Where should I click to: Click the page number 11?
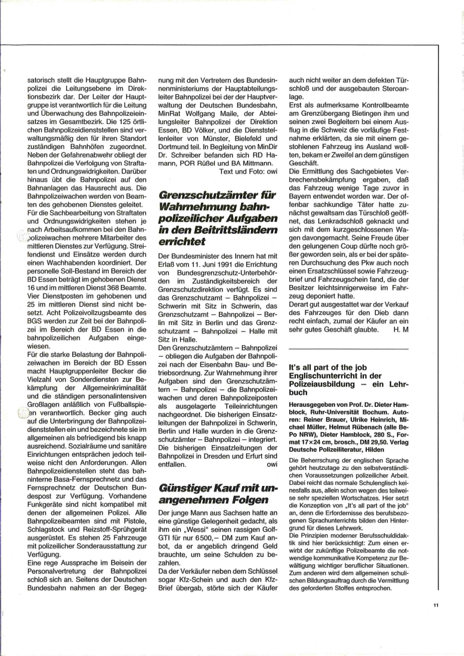tap(436, 605)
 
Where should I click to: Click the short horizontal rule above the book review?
tap(348, 348)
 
